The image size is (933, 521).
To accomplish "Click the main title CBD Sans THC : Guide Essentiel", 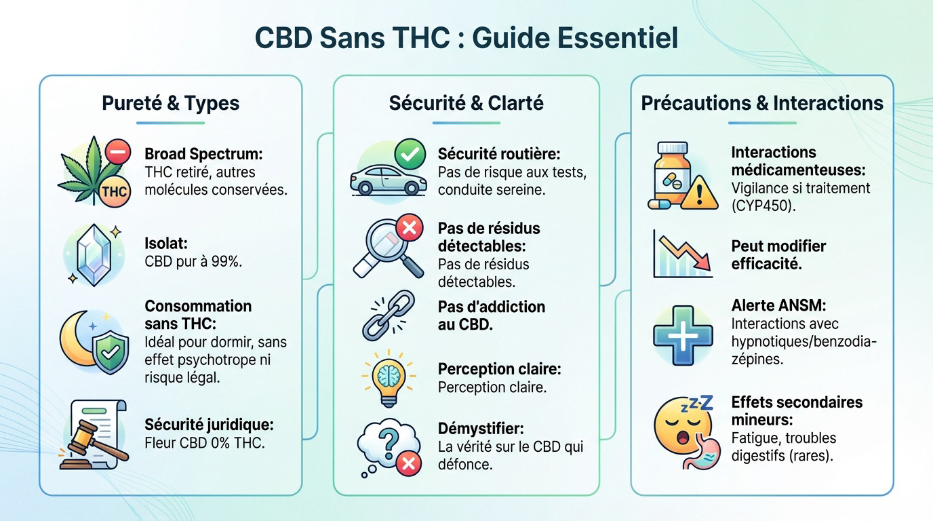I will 466,38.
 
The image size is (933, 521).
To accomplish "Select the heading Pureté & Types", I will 170,103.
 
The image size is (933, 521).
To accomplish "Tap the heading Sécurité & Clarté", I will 466,103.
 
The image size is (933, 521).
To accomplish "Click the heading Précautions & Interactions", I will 762,103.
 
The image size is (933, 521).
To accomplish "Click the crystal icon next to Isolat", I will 94,254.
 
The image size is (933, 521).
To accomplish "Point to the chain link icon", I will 388,315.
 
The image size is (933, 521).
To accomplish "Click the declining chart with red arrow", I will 682,254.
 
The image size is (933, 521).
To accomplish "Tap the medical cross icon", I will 683,335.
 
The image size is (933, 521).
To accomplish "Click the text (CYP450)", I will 763,206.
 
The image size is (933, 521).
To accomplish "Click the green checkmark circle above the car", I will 410,155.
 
